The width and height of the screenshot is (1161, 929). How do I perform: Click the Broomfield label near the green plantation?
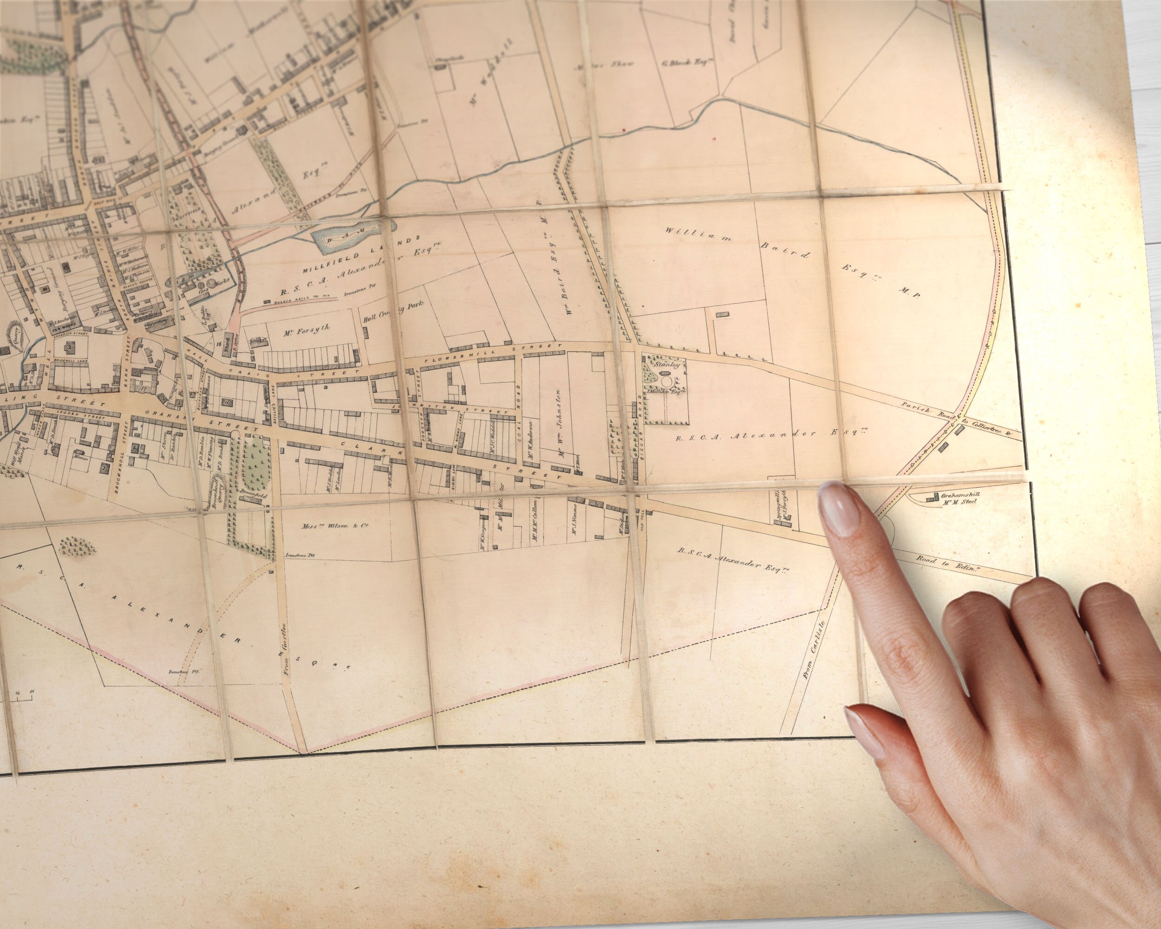coord(253,493)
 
